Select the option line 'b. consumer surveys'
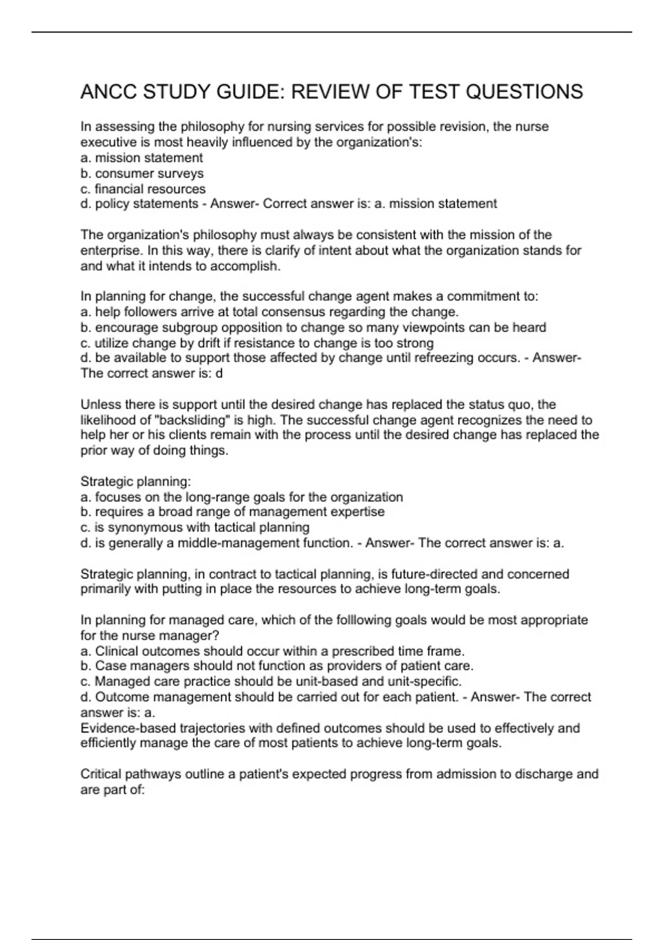(142, 173)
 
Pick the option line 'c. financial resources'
(143, 189)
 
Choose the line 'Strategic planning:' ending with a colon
(136, 481)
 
